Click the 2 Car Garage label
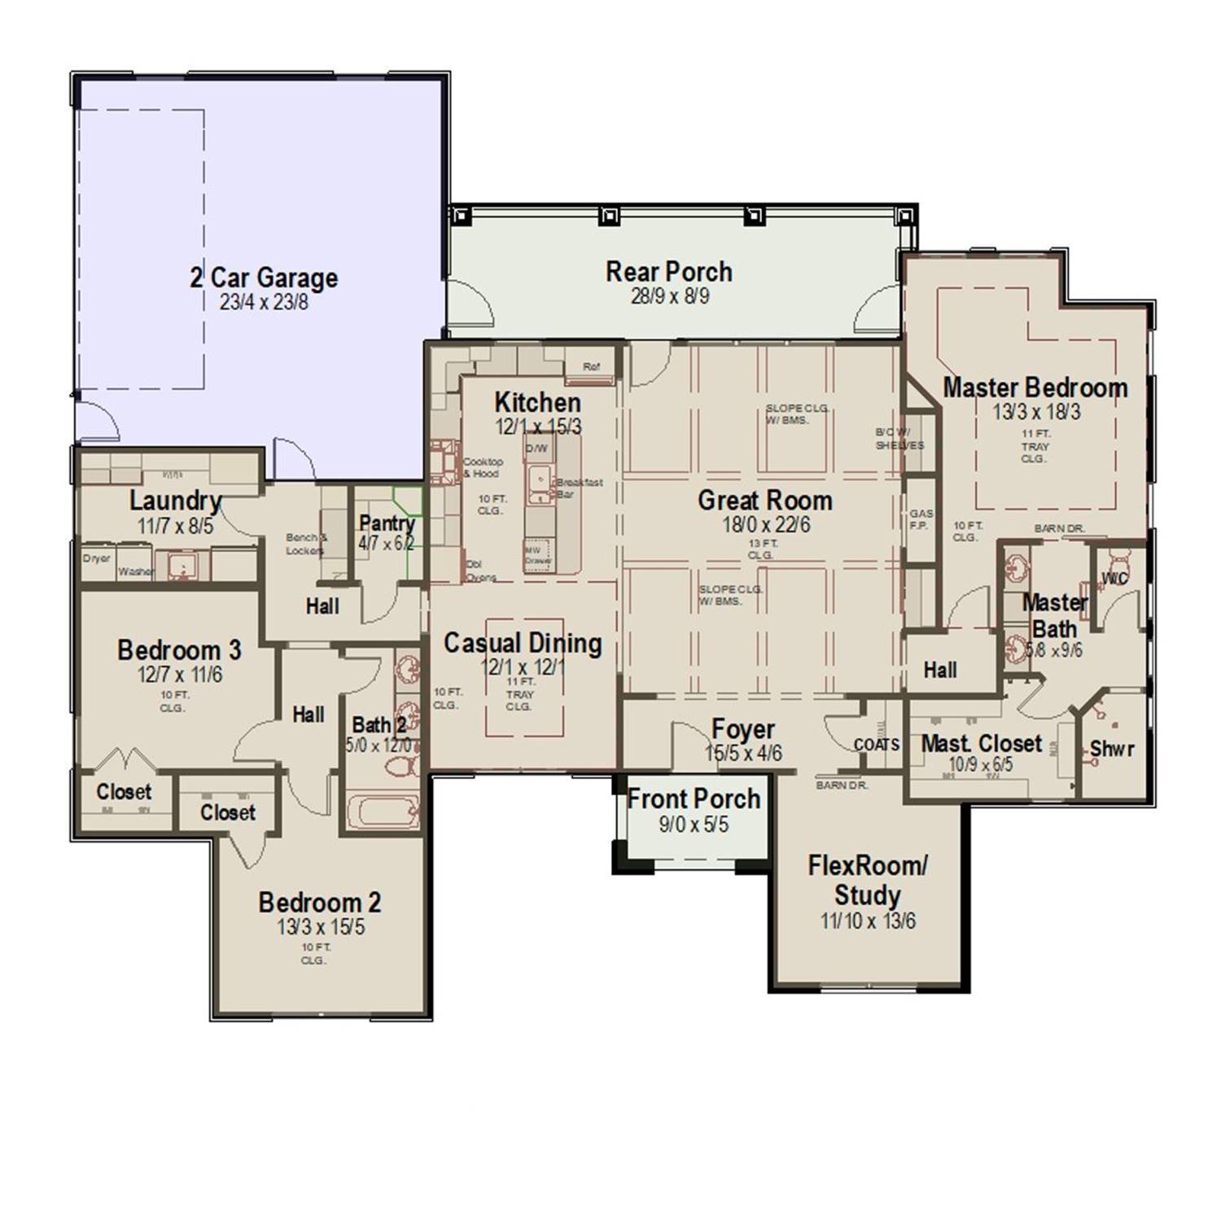tap(264, 278)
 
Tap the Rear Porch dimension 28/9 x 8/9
tap(669, 296)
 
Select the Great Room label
tap(764, 501)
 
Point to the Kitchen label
tap(537, 402)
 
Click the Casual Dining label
tap(523, 643)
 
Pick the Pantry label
tap(387, 523)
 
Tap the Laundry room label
tap(175, 501)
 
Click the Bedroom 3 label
tap(179, 650)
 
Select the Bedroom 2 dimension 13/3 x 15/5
tap(320, 927)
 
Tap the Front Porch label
tap(694, 799)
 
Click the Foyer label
tap(742, 729)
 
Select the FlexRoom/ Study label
tap(867, 880)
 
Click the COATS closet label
tap(877, 745)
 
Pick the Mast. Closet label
tap(981, 743)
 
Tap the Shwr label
tap(1111, 748)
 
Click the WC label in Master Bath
tap(1114, 579)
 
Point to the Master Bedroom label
tap(1035, 388)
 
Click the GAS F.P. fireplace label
tap(921, 519)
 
